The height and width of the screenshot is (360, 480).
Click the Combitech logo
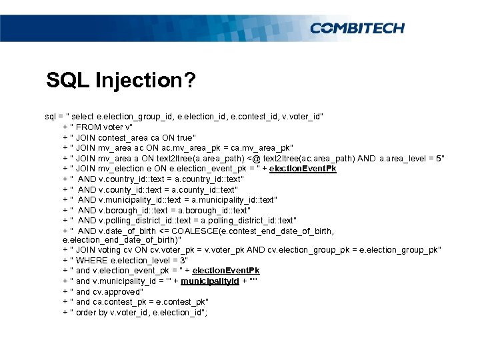click(357, 28)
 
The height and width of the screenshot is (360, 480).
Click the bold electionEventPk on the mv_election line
click(303, 169)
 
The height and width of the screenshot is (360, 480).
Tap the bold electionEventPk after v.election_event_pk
click(226, 270)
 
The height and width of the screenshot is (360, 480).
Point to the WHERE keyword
click(93, 259)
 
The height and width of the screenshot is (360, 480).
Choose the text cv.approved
click(117, 291)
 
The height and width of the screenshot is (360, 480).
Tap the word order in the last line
click(87, 312)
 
